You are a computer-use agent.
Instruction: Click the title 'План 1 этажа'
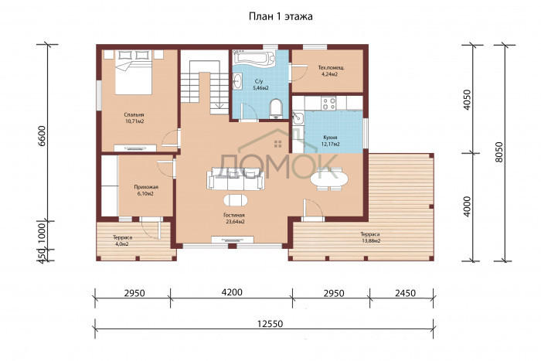point(281,16)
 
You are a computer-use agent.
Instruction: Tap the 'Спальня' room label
point(134,114)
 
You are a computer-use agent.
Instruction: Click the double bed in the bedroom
point(133,72)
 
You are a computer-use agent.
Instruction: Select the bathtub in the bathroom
point(253,57)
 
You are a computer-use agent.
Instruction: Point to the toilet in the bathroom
point(276,108)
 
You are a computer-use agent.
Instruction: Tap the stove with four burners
point(328,103)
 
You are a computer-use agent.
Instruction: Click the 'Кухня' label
point(330,138)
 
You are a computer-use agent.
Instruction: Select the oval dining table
point(329,179)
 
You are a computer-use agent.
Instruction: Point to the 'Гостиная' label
point(235,216)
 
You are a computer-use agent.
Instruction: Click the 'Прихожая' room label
point(146,187)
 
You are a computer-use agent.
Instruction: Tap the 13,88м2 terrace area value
point(370,241)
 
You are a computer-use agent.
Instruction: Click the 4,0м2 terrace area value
point(122,244)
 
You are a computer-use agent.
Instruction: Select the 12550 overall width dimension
point(270,324)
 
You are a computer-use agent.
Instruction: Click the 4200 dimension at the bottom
point(232,292)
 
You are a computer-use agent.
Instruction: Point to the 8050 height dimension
point(500,152)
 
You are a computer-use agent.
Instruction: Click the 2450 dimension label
point(405,293)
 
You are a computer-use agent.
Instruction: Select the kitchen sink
point(298,117)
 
